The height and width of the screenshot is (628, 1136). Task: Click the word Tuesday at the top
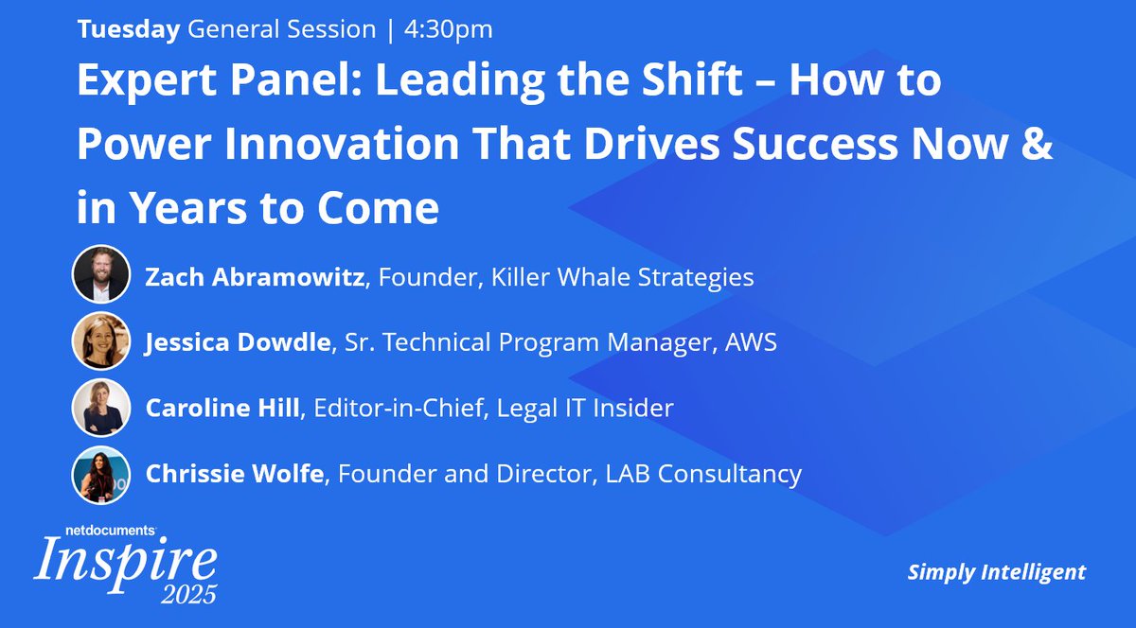click(128, 29)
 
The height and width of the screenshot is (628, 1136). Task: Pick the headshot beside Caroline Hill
click(100, 408)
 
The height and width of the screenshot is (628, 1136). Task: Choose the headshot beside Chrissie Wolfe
click(100, 474)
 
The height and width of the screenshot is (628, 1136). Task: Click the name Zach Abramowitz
click(255, 277)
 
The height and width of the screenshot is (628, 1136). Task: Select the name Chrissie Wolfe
click(234, 474)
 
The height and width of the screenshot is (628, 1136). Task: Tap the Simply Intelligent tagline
click(997, 571)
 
